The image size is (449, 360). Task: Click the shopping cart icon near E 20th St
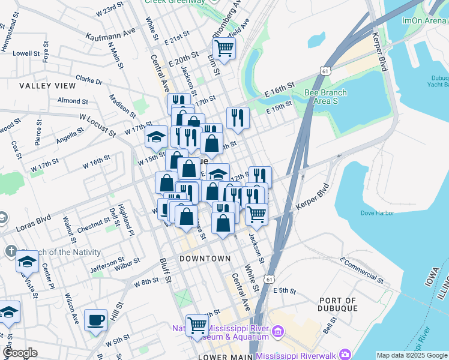(x=224, y=48)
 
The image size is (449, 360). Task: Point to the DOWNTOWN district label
(x=205, y=258)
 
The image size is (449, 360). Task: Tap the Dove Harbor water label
(x=377, y=213)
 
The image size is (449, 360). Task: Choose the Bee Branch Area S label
(x=326, y=97)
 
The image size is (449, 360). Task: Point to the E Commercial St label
(x=361, y=269)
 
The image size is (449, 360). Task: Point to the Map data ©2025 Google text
(x=412, y=355)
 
